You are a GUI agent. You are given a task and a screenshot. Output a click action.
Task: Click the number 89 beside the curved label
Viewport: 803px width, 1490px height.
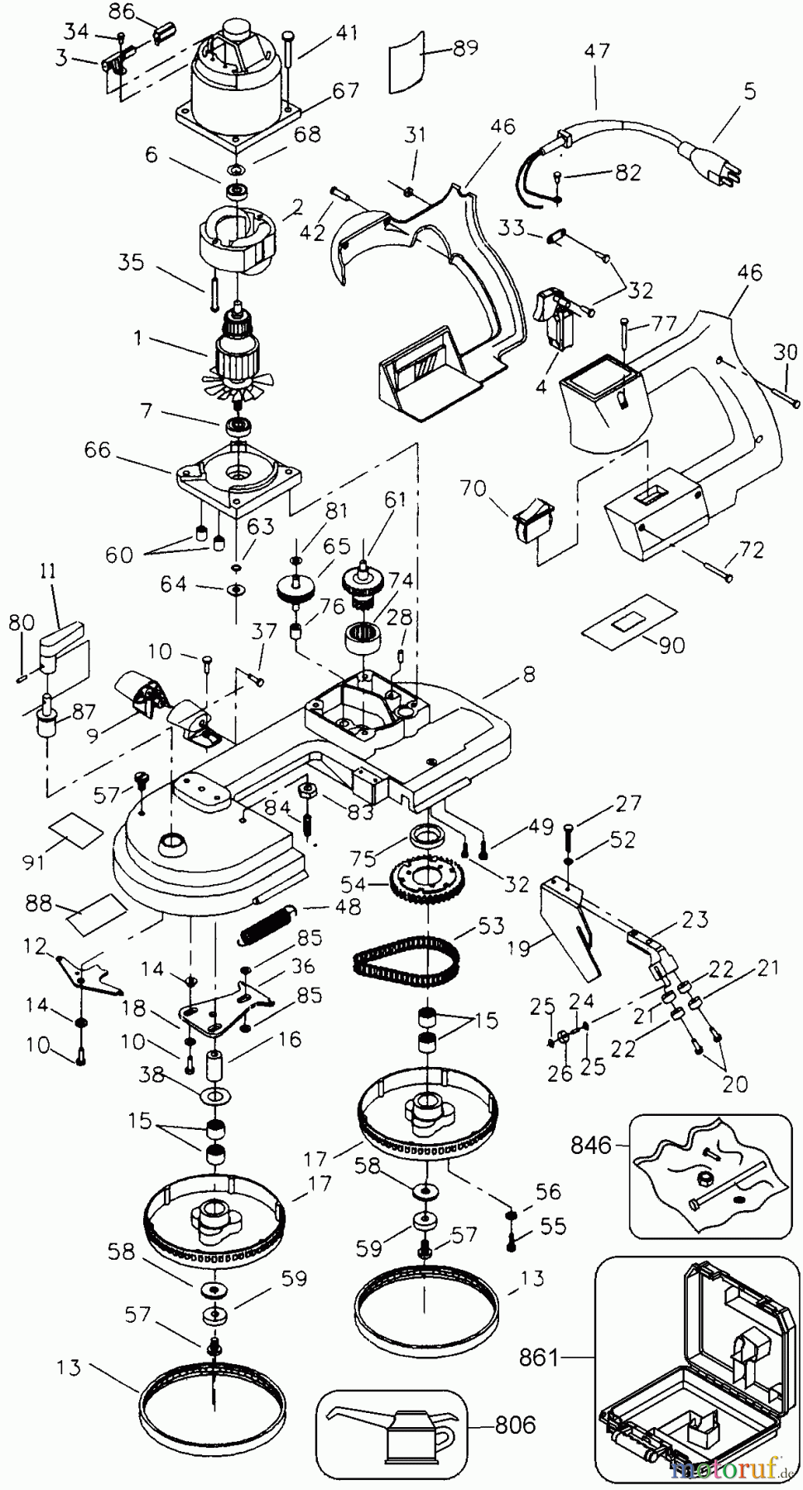pos(465,48)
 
